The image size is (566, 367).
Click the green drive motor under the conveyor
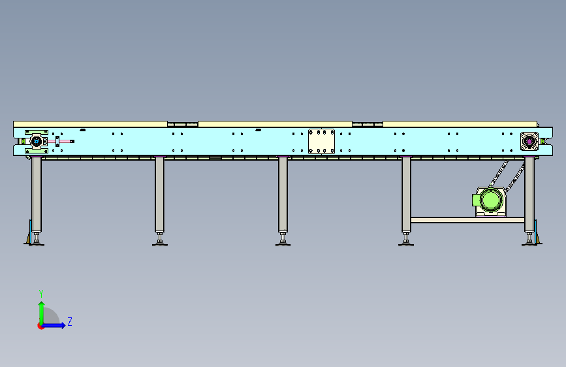tap(490, 202)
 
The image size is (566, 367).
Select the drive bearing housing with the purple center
tap(529, 141)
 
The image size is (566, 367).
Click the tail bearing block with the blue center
tap(37, 142)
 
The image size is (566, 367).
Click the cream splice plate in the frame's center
tap(321, 141)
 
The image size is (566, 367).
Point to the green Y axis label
tap(40, 293)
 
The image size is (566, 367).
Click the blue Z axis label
tap(70, 322)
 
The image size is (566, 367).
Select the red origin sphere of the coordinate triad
tap(41, 326)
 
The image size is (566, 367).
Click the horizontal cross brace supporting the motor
tap(467, 220)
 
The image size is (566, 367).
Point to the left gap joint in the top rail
tap(183, 123)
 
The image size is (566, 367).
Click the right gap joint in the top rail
tap(368, 123)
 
